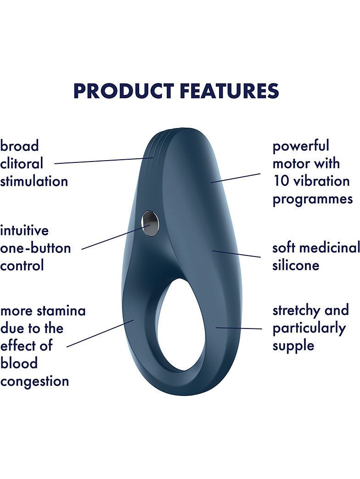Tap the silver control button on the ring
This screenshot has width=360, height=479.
point(150,223)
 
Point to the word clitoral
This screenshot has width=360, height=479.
point(22,163)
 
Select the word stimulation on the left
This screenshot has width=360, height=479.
point(34,181)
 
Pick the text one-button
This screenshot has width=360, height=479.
point(35,248)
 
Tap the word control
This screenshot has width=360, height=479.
point(22,265)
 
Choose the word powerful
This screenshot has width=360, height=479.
point(301,146)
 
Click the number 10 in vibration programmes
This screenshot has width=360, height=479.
point(281,181)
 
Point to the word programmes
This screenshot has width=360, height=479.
point(313,200)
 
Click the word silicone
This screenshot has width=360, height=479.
point(296,265)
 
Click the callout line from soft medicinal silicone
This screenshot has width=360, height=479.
point(236,254)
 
